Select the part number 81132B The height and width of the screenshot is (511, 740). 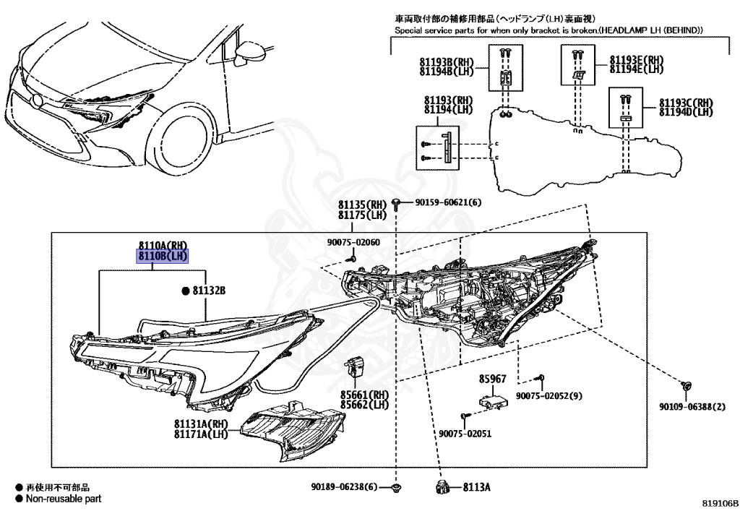coord(210,291)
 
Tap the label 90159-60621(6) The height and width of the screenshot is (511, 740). coord(447,202)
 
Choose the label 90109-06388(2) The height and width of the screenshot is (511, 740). coord(692,408)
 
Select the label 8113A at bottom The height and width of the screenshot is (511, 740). coord(477,488)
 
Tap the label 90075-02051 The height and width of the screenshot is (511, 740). coord(465,434)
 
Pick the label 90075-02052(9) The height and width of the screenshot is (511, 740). coord(549,396)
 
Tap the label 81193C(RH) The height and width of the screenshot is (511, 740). coord(686,103)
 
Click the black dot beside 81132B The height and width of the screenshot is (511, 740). coord(186,291)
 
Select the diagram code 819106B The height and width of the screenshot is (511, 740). coord(718,501)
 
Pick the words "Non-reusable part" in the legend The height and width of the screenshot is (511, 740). coord(64,499)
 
